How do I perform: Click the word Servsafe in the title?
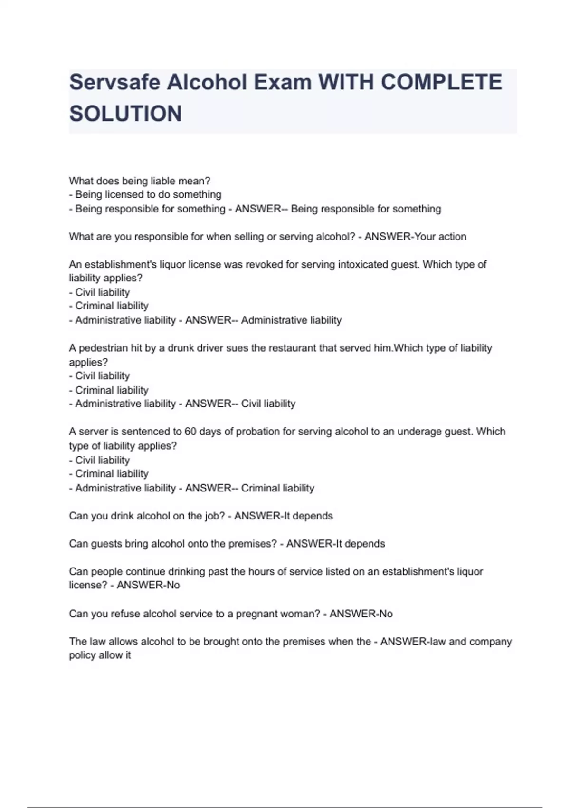click(114, 83)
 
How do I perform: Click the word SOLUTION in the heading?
click(125, 114)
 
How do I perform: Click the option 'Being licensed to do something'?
click(148, 194)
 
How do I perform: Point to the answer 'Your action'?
click(440, 237)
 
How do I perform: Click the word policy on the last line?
click(82, 655)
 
